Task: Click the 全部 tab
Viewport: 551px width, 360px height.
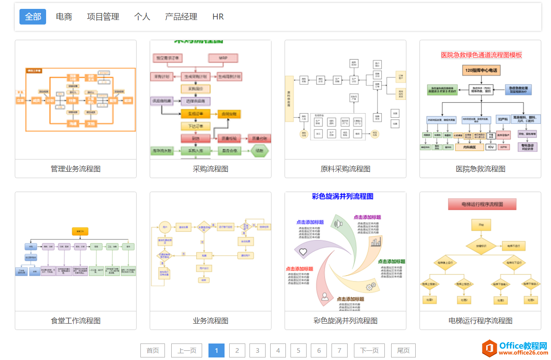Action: tap(33, 16)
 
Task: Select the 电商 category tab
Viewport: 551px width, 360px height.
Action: tap(64, 16)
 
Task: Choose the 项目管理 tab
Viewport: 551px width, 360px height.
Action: tap(103, 16)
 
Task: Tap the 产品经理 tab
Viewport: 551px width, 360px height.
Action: tap(181, 16)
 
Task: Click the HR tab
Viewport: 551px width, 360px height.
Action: tap(218, 16)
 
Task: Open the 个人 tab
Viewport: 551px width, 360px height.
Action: tap(142, 16)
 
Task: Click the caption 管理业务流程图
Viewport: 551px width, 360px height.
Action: tap(76, 169)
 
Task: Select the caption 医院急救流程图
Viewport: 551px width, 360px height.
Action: tap(480, 169)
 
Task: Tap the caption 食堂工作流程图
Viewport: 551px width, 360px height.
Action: tap(76, 321)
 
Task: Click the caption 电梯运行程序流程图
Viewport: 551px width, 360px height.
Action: tap(480, 321)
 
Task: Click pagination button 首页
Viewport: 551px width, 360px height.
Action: tap(153, 350)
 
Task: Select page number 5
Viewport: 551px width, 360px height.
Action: tap(298, 350)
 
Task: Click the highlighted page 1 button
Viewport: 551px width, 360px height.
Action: tap(217, 350)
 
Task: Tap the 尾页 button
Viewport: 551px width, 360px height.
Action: tap(403, 350)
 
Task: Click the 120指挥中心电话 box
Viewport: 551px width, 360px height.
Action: tap(481, 70)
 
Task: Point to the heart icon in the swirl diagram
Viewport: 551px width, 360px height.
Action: tap(303, 252)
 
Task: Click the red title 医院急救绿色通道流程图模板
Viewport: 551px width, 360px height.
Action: tap(481, 55)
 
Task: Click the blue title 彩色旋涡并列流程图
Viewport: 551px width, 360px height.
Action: tap(343, 196)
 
